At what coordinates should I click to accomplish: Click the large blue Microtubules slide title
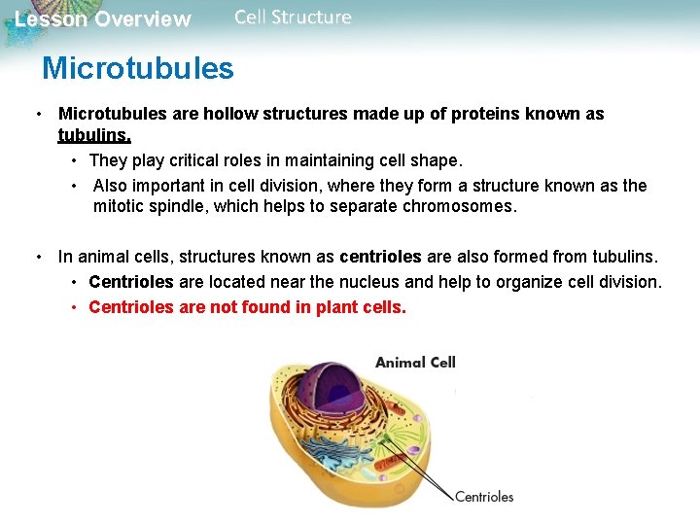point(137,68)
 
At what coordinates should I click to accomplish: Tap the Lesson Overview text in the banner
point(103,19)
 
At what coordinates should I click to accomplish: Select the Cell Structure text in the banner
point(293,17)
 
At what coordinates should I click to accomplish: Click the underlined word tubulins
point(94,135)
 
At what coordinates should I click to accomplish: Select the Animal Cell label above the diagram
point(415,363)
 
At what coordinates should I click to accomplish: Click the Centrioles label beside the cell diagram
point(484,497)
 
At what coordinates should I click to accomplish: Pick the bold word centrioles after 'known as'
point(380,257)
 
